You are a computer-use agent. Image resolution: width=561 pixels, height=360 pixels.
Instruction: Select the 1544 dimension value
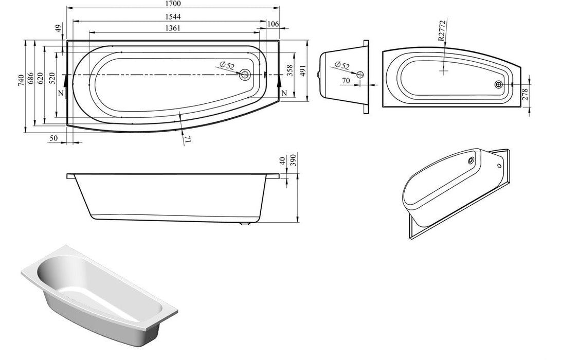pyautogui.click(x=173, y=16)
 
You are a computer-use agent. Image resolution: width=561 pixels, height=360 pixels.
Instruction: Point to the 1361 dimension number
pyautogui.click(x=173, y=28)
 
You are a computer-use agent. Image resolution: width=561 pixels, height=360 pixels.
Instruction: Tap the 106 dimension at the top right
pyautogui.click(x=273, y=24)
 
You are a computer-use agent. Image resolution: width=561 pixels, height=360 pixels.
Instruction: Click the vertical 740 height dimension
pyautogui.click(x=21, y=79)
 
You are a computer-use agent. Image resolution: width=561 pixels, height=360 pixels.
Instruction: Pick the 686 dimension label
pyautogui.click(x=30, y=79)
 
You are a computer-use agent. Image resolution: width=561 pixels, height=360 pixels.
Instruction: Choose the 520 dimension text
pyautogui.click(x=51, y=79)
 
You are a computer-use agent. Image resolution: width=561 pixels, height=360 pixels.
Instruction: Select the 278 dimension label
pyautogui.click(x=524, y=94)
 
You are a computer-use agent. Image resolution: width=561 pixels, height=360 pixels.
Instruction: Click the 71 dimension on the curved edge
pyautogui.click(x=188, y=139)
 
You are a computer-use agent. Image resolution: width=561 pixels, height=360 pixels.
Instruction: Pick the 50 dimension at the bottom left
pyautogui.click(x=54, y=138)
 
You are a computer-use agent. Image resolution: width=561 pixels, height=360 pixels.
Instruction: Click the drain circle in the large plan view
pyautogui.click(x=245, y=75)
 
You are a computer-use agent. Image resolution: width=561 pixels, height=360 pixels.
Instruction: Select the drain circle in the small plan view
pyautogui.click(x=498, y=85)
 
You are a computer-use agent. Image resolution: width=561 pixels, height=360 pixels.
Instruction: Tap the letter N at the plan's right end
pyautogui.click(x=284, y=93)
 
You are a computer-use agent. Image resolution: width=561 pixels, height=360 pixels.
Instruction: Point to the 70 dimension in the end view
pyautogui.click(x=346, y=81)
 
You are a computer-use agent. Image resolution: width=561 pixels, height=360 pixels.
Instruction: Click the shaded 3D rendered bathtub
pyautogui.click(x=98, y=293)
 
